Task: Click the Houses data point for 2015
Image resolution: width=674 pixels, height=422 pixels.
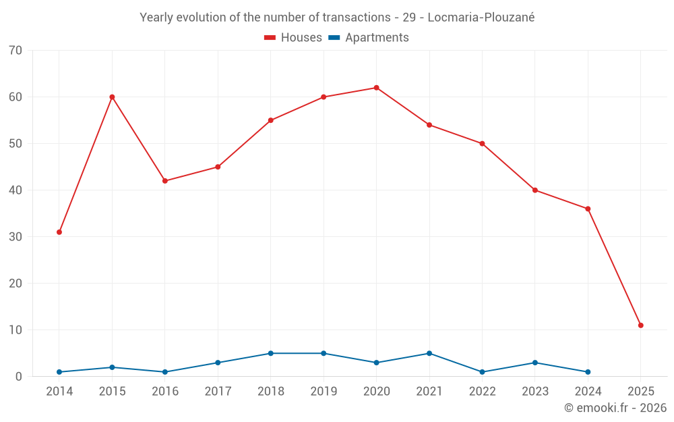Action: click(112, 97)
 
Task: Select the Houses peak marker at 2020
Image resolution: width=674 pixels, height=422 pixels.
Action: click(376, 88)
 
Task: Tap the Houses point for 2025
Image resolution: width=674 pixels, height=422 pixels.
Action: click(640, 325)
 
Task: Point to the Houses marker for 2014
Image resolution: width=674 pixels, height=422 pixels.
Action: click(59, 232)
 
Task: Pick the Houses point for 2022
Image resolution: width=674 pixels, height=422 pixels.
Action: click(482, 144)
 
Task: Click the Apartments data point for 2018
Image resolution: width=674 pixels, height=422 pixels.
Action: click(270, 353)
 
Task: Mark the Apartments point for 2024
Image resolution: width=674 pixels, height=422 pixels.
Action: click(588, 372)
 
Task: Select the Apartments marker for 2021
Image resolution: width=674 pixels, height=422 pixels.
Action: click(429, 353)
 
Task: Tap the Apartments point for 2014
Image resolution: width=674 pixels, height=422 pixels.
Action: click(59, 372)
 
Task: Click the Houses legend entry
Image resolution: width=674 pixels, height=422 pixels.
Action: click(293, 38)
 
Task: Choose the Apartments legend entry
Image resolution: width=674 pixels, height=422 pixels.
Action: click(369, 38)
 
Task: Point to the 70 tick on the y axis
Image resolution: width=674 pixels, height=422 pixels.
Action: click(16, 51)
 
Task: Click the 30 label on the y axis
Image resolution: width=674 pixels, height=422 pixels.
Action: click(16, 237)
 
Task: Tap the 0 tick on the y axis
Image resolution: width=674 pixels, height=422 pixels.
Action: click(19, 377)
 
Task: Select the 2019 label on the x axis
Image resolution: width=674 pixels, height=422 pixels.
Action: click(324, 392)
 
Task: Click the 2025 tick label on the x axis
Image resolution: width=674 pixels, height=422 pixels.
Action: click(640, 392)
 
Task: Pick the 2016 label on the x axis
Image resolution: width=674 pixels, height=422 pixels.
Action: click(165, 392)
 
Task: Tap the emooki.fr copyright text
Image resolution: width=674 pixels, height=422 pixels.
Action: click(615, 408)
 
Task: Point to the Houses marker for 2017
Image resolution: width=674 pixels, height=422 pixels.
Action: click(218, 167)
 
